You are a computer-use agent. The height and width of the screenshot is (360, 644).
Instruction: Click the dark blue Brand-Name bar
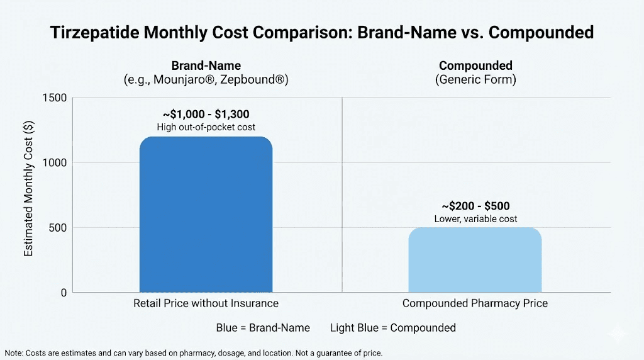[x=206, y=214]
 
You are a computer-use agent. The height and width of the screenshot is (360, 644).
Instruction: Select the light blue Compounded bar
[x=475, y=260]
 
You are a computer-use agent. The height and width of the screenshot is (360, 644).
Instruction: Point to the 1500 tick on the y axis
[x=55, y=98]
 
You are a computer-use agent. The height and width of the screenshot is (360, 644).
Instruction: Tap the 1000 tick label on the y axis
[x=55, y=162]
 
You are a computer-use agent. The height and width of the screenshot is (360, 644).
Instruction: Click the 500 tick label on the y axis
[x=58, y=227]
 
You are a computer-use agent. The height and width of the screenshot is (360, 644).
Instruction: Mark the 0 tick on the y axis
[x=64, y=293]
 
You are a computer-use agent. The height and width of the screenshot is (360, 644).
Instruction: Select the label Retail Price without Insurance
[x=206, y=303]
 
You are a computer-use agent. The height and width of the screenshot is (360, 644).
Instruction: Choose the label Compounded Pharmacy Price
[x=475, y=303]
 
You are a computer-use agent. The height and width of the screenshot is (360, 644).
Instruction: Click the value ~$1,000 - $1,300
[x=206, y=115]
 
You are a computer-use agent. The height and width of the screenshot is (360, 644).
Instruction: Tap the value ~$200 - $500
[x=475, y=206]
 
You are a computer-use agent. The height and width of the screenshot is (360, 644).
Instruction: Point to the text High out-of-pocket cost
[x=206, y=127]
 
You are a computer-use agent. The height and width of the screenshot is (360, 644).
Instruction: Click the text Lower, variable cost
[x=475, y=218]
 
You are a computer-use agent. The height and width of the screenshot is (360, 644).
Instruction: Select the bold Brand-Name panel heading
[x=206, y=65]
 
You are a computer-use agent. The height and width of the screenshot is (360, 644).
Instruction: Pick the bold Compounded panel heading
[x=475, y=65]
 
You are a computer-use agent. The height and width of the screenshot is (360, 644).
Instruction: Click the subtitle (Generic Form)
[x=475, y=80]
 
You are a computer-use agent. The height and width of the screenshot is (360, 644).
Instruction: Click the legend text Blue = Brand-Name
[x=263, y=327]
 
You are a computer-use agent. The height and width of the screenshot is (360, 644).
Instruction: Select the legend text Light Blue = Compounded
[x=393, y=327]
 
